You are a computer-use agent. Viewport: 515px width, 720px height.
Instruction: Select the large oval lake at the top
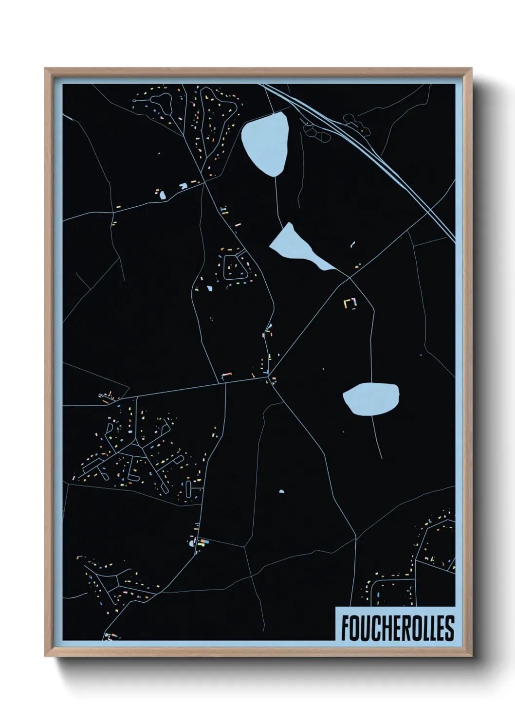(x=266, y=144)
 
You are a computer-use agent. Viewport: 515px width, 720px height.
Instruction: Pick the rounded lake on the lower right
(x=371, y=399)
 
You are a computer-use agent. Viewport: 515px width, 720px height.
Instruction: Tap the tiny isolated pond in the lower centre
(x=281, y=492)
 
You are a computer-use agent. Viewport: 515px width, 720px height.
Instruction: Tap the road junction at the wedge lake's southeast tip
(x=349, y=277)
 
